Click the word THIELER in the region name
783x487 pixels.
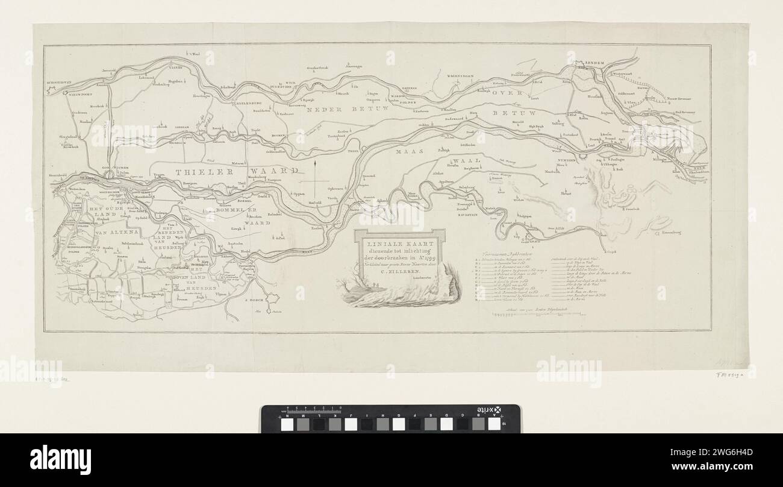point(199,171)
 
